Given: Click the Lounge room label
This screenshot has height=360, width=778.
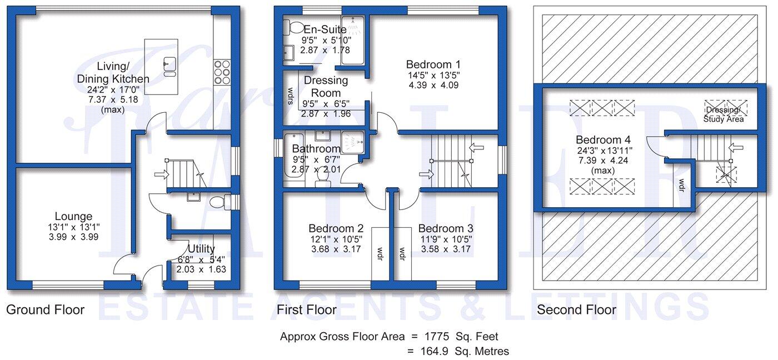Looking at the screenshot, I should point(73,216).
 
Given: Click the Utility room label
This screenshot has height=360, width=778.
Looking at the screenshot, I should point(201,248).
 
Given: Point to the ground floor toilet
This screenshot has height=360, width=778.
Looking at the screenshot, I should point(228,203).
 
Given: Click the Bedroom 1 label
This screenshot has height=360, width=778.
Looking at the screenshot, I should point(433,63).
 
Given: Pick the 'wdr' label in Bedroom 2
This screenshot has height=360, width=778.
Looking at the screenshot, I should point(381,253).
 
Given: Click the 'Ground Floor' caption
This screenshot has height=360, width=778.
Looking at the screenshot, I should point(45,309).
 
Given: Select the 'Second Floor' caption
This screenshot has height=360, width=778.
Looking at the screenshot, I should point(576,309).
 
